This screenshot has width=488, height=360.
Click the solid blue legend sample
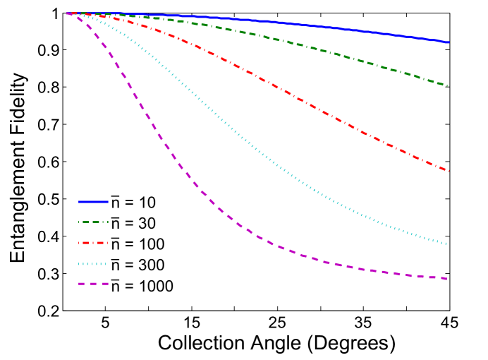click(93, 201)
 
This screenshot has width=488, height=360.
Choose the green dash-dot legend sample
click(93, 222)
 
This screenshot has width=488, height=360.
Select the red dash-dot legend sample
click(93, 243)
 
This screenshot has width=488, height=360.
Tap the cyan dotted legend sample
click(93, 264)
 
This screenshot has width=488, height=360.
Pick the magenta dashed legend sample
click(93, 284)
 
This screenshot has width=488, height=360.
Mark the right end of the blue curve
click(449, 42)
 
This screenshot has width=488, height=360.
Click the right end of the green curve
click(449, 86)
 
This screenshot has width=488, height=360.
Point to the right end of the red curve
click(449, 171)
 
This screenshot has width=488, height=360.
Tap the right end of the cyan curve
click(449, 244)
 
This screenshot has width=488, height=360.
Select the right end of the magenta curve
click(449, 279)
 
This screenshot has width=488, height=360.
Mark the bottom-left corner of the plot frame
click(63, 310)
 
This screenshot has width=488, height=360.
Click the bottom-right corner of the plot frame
click(450, 310)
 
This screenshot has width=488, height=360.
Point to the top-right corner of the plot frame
click(450, 13)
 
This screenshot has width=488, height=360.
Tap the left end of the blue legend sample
click(79, 201)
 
